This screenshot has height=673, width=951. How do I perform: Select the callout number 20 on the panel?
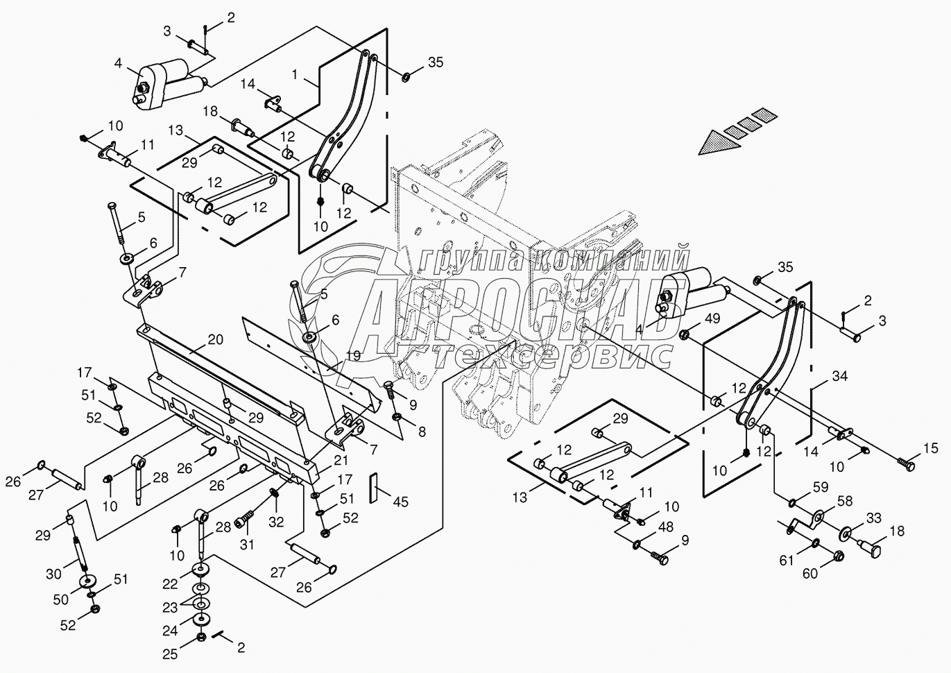pos(216,339)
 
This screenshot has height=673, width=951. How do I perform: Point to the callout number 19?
pos(354,355)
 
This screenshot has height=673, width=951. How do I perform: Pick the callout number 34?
pos(840,377)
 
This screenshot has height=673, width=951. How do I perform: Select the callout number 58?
pos(844,500)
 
